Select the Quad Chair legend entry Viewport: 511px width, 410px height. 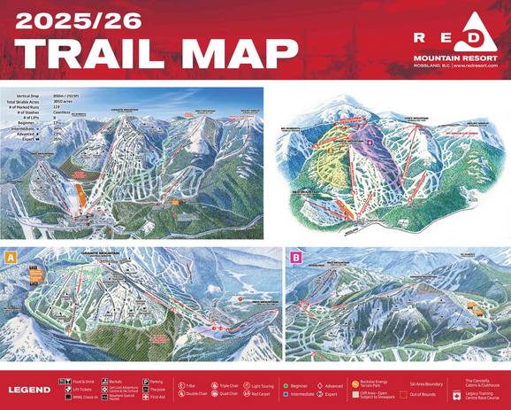pos(226,394)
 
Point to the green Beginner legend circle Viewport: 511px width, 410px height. pos(286,386)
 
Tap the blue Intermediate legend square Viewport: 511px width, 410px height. pos(286,395)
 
